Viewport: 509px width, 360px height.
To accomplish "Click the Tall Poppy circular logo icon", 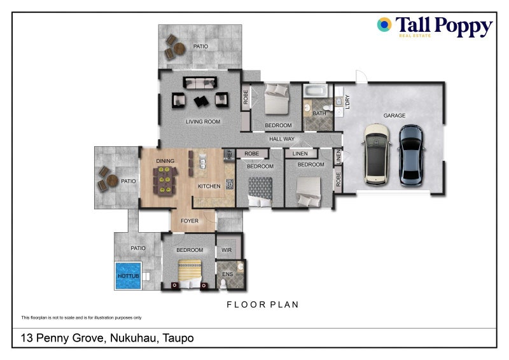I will [384, 25].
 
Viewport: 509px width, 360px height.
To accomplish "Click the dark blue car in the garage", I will [411, 155].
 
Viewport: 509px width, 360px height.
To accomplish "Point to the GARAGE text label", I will [394, 116].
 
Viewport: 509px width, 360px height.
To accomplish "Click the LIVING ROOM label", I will [203, 121].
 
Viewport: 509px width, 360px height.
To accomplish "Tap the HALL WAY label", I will [282, 139].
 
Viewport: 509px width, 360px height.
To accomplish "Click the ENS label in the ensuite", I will [227, 275].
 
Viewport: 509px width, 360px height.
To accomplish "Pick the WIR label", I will [227, 250].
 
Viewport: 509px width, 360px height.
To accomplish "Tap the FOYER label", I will [190, 221].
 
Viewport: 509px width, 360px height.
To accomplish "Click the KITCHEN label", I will [209, 186].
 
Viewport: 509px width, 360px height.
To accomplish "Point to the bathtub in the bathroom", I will [314, 92].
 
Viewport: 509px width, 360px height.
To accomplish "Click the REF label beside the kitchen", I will [228, 153].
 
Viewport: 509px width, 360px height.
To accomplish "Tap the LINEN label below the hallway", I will [300, 153].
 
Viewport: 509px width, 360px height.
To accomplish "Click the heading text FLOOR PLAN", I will [263, 305].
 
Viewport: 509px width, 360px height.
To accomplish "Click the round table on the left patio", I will [113, 181].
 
